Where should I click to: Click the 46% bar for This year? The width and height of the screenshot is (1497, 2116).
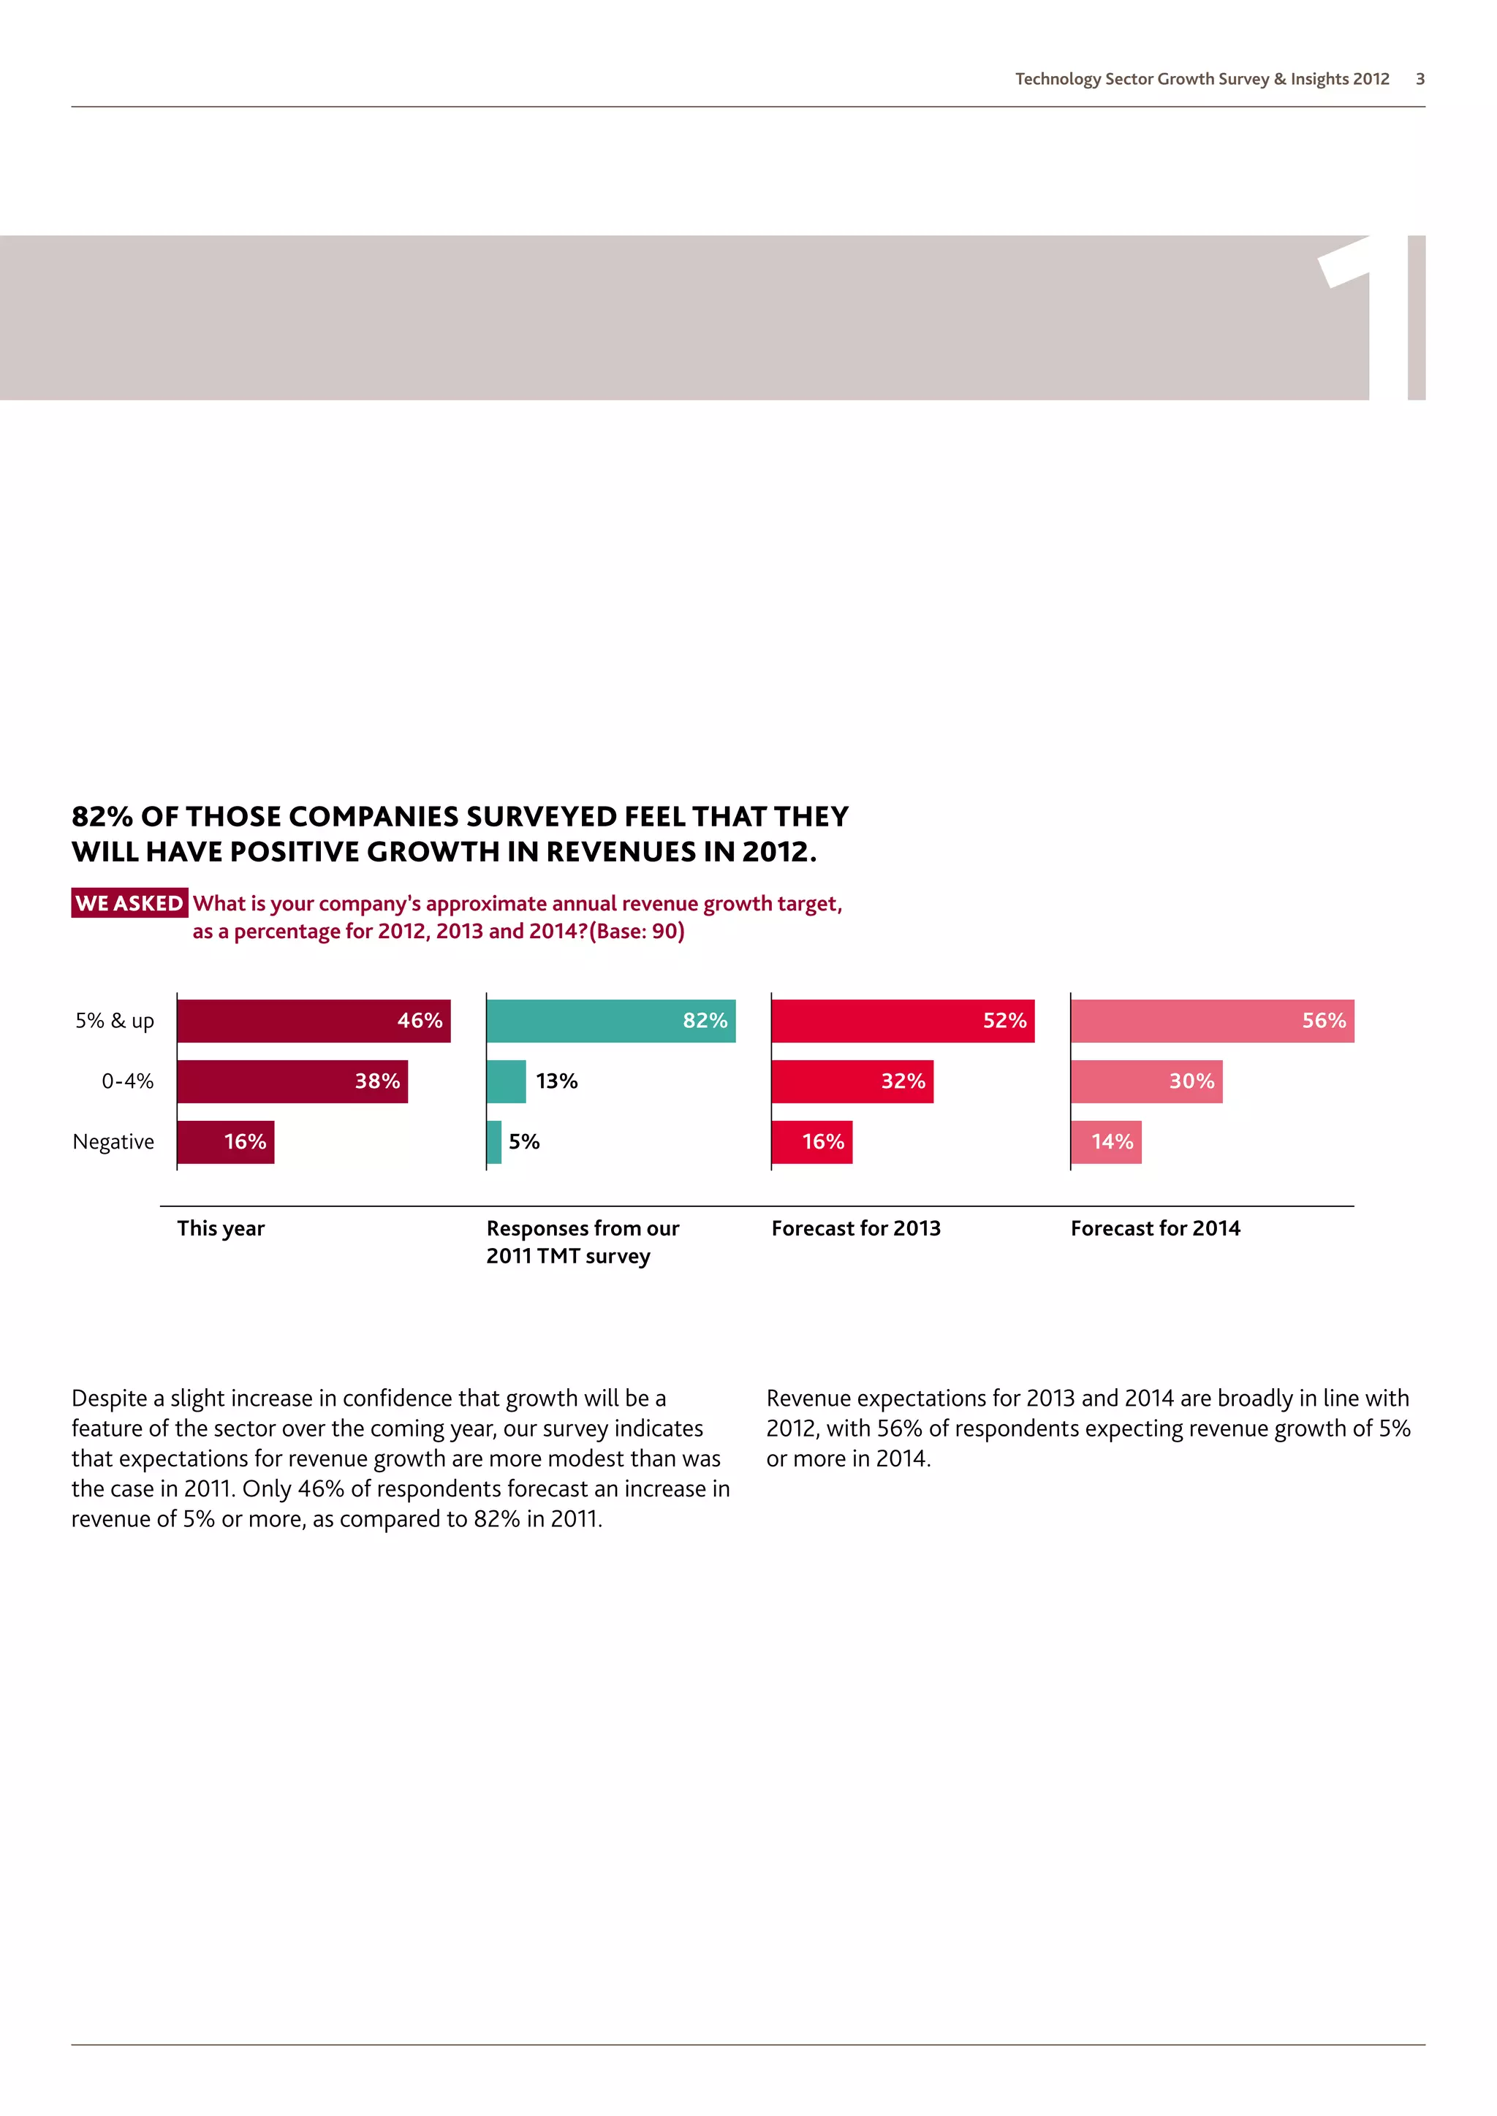(x=314, y=1021)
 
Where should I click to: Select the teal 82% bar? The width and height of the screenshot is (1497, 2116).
(x=610, y=1021)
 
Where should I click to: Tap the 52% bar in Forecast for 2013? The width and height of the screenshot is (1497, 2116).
(x=903, y=1021)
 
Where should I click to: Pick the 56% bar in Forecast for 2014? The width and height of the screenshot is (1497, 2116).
(x=1212, y=1021)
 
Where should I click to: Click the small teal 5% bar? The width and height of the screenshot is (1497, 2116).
(x=494, y=1142)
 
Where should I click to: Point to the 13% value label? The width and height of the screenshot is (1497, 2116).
(x=557, y=1081)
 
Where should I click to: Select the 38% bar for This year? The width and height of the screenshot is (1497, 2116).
(x=292, y=1081)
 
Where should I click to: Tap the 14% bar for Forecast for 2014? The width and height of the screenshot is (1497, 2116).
(x=1106, y=1142)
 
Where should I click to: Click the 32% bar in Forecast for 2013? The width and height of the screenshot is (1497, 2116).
(x=852, y=1081)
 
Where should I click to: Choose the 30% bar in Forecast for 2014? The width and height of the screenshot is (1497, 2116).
(x=1146, y=1081)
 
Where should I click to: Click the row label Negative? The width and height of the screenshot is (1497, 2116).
(x=113, y=1142)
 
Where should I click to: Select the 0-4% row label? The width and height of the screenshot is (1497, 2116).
(x=127, y=1081)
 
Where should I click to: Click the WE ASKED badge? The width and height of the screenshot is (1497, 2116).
(x=129, y=903)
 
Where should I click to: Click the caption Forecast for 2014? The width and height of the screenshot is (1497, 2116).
(x=1155, y=1228)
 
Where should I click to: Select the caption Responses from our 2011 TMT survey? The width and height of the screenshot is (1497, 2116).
(x=582, y=1241)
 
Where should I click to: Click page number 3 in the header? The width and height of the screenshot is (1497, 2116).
(x=1420, y=79)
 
